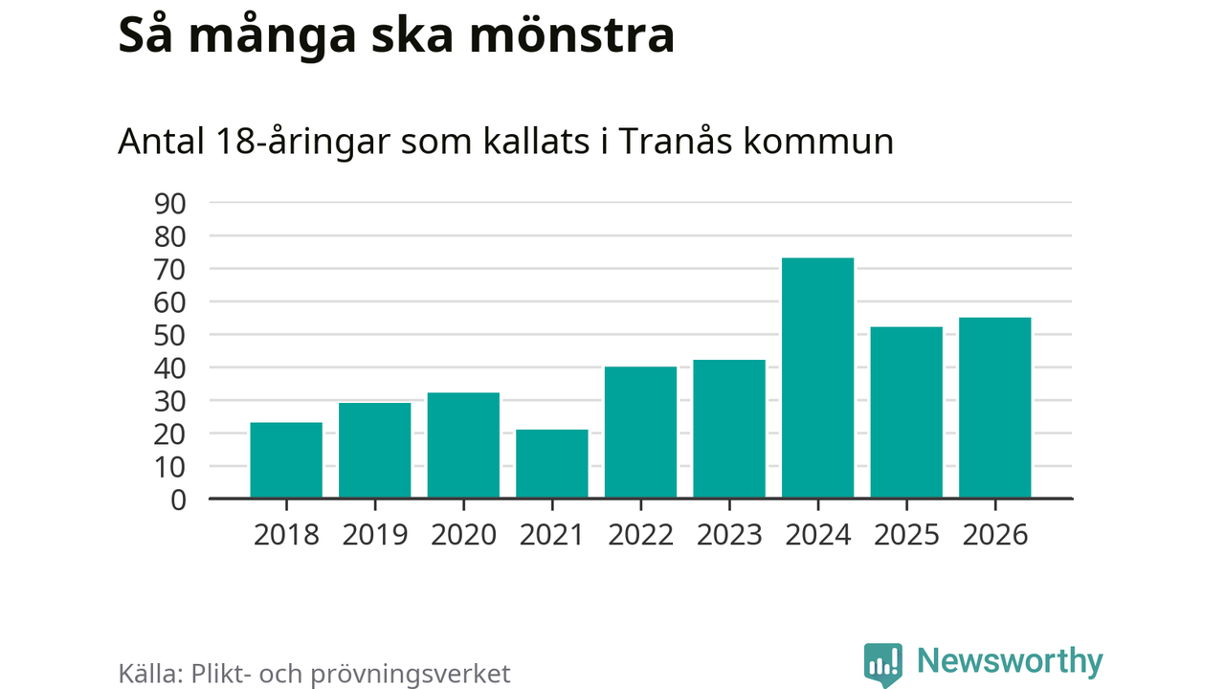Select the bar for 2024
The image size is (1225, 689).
coord(817,378)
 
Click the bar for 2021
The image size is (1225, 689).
coord(552,464)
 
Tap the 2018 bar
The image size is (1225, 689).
coord(286,460)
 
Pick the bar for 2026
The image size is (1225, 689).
coord(995,408)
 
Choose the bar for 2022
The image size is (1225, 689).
coord(640,433)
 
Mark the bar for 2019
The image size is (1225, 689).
coord(375,451)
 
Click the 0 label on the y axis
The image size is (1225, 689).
coord(178,500)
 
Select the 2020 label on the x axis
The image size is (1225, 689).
coord(463,534)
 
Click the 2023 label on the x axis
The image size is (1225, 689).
coord(729,534)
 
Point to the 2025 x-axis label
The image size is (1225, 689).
coord(906,534)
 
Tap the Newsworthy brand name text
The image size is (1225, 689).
coord(1010,661)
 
